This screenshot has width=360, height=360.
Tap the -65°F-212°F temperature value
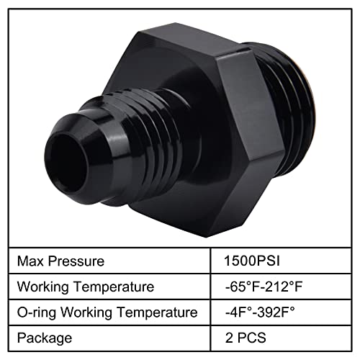264,287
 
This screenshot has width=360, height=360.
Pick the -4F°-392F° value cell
264,312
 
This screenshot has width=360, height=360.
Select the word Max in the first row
30,261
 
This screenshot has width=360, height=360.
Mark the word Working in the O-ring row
87,312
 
